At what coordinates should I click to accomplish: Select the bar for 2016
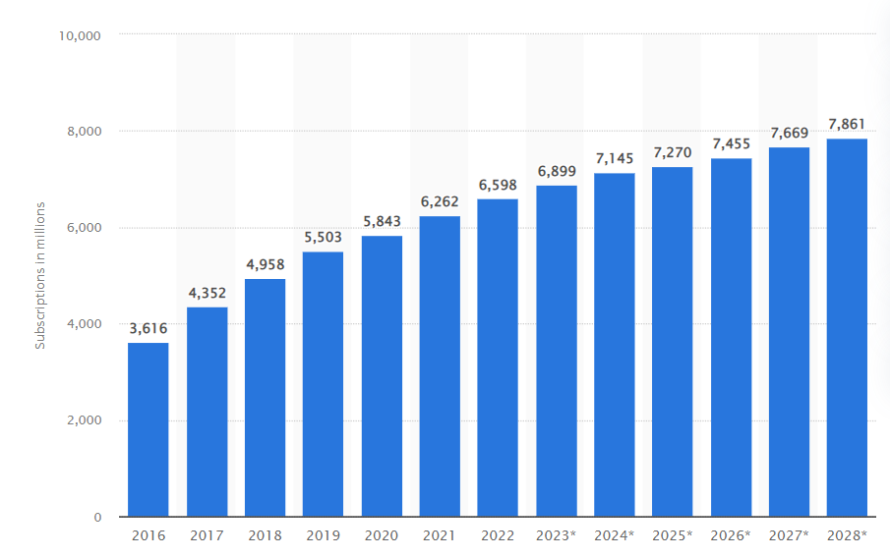tap(148, 429)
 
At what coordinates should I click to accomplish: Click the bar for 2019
tap(323, 384)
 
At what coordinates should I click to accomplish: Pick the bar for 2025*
tap(673, 342)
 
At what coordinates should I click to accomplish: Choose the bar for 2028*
tap(847, 327)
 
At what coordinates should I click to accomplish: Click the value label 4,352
tap(207, 292)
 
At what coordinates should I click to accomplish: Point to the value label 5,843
tap(382, 220)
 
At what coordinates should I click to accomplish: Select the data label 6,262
tap(440, 200)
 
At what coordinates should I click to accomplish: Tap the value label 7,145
tap(615, 157)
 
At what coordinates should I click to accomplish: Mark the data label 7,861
tap(847, 123)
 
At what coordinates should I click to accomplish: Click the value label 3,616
tap(148, 327)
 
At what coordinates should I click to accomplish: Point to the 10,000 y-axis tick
tap(81, 35)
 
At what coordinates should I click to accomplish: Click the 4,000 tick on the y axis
tap(85, 324)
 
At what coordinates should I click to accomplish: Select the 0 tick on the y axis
tap(97, 517)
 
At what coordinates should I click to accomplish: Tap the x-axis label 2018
tap(265, 536)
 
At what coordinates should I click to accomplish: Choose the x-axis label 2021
tap(440, 536)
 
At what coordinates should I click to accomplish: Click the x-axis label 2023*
tap(557, 536)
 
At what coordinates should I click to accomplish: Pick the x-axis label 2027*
tap(790, 536)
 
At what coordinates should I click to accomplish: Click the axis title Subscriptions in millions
tap(40, 275)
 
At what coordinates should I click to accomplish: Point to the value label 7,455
tap(732, 142)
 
